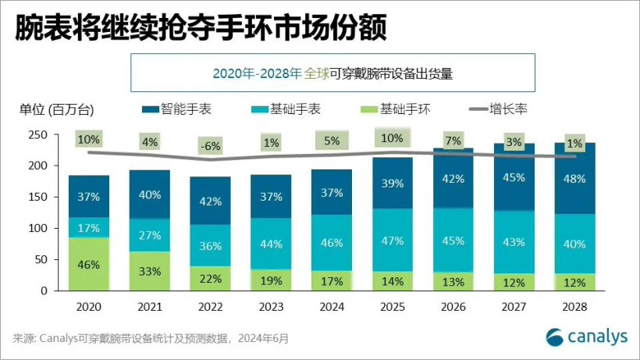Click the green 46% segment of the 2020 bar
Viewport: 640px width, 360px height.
point(88,264)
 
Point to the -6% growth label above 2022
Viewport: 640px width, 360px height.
point(210,145)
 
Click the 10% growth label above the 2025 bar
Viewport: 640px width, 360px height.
point(393,139)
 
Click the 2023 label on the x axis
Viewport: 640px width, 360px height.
point(271,308)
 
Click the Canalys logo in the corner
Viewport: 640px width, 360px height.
point(586,337)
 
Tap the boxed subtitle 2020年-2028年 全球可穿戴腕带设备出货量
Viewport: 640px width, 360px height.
point(332,73)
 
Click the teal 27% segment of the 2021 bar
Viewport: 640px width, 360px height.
point(149,235)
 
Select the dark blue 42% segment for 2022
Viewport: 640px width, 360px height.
point(210,201)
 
